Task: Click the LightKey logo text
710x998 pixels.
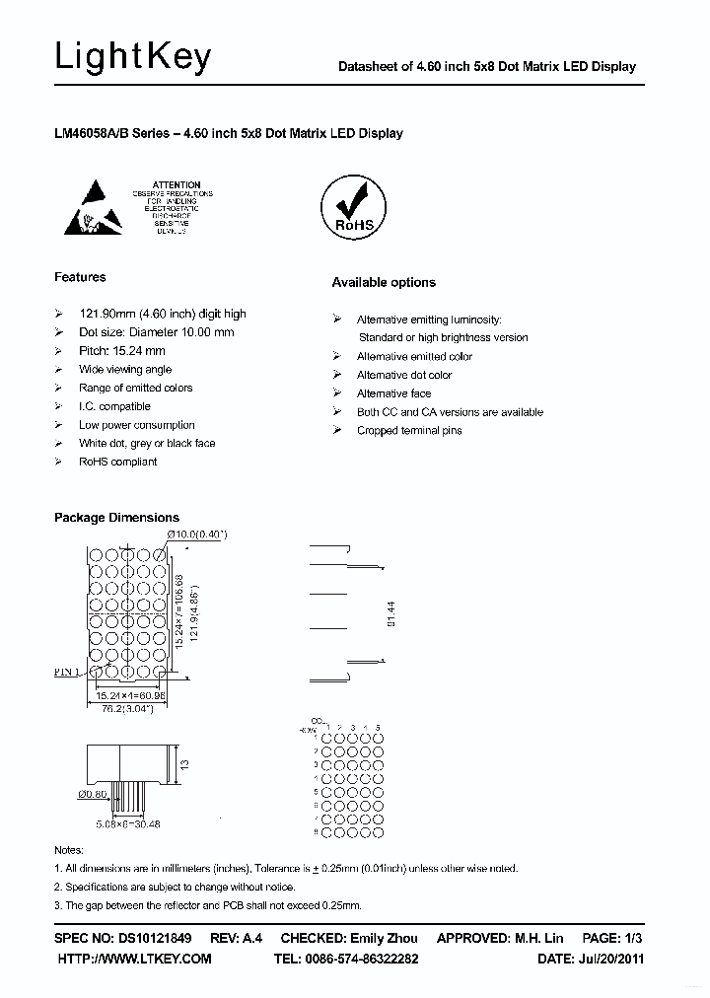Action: [132, 58]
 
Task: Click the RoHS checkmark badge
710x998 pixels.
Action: [353, 206]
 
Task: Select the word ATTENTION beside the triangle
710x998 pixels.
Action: [177, 184]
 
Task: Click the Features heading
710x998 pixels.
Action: [80, 277]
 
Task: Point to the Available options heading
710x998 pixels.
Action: [383, 282]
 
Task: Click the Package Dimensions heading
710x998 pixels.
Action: [116, 517]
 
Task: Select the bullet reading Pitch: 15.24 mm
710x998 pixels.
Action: [122, 350]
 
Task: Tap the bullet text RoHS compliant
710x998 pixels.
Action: [118, 462]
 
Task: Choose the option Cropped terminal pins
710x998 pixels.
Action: [409, 431]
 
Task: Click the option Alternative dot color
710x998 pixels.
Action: [404, 375]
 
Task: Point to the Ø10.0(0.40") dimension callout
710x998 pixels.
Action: [198, 534]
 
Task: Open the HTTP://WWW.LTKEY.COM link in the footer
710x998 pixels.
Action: [135, 959]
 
